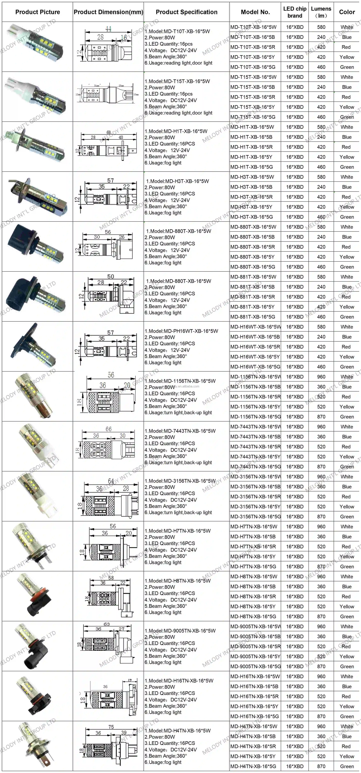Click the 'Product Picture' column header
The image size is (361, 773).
37,12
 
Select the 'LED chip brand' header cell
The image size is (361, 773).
295,12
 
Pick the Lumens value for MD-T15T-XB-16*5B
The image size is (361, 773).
321,87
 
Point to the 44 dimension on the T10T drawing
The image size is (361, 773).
108,29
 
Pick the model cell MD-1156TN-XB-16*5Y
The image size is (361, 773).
255,407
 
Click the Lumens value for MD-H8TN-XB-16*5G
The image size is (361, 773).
321,616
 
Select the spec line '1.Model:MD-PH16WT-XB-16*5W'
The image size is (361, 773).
181,331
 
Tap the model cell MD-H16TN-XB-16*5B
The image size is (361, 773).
254,686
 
